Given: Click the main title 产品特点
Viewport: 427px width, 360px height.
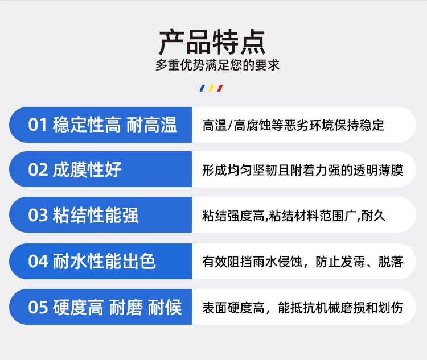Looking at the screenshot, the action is pyautogui.click(x=212, y=42).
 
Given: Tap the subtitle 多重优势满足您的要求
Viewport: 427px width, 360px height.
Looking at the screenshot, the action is pyautogui.click(x=217, y=65).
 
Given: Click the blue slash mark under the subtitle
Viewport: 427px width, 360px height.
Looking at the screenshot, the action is pyautogui.click(x=202, y=88).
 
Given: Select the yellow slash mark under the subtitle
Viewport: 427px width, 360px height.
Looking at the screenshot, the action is pyautogui.click(x=211, y=88).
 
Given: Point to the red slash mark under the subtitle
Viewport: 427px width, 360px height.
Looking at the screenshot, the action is pyautogui.click(x=220, y=88).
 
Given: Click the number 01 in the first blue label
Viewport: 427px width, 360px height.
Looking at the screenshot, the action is pyautogui.click(x=38, y=125).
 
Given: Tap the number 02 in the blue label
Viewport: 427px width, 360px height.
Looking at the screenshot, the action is pyautogui.click(x=38, y=170).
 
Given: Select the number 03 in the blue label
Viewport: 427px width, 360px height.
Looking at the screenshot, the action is pyautogui.click(x=38, y=215).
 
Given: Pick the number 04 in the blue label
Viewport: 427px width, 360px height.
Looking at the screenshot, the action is pyautogui.click(x=38, y=261).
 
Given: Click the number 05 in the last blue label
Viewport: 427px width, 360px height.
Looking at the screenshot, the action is pyautogui.click(x=38, y=307).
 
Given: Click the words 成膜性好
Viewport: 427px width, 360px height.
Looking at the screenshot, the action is pyautogui.click(x=87, y=170).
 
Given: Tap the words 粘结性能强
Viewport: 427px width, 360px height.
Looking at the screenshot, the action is pyautogui.click(x=96, y=215).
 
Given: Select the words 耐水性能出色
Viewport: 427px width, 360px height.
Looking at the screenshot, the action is pyautogui.click(x=104, y=261).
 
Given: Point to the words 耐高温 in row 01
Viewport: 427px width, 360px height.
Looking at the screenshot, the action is pyautogui.click(x=152, y=125).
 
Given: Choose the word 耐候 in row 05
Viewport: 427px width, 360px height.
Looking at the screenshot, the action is pyautogui.click(x=165, y=307).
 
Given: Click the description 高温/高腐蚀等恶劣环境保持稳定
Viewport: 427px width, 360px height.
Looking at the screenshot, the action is pyautogui.click(x=293, y=126).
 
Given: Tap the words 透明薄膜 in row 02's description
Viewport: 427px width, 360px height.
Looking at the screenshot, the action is pyautogui.click(x=378, y=171).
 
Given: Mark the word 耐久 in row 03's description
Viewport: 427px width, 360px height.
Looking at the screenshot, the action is pyautogui.click(x=373, y=216).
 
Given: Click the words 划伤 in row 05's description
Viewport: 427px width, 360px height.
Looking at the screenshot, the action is pyautogui.click(x=391, y=308).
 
